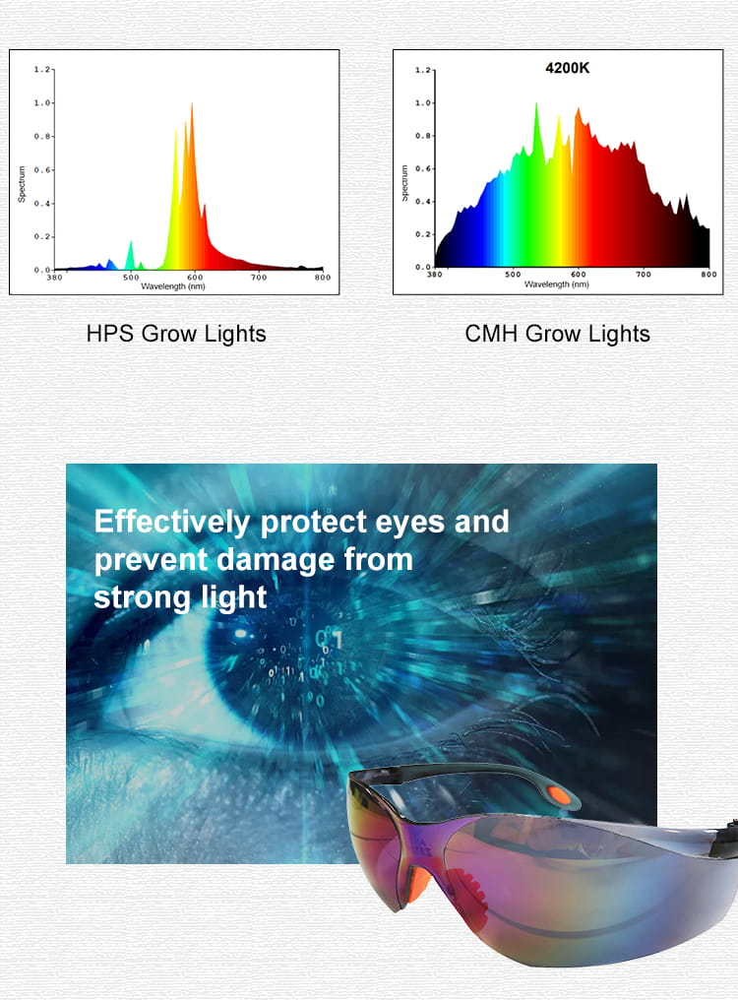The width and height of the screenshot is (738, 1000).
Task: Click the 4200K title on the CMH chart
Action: (567, 68)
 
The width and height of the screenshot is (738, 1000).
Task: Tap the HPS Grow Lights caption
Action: (176, 334)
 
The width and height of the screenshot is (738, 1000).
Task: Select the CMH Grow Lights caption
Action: (558, 334)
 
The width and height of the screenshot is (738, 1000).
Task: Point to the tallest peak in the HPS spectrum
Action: (191, 104)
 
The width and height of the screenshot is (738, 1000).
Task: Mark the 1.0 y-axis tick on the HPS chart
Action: (42, 102)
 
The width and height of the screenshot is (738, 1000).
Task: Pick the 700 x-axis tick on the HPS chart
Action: (259, 277)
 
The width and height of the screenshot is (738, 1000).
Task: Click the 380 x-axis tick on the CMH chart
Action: (434, 275)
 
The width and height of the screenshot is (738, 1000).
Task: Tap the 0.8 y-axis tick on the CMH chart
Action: (422, 136)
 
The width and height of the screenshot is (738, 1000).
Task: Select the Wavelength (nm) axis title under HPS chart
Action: (173, 286)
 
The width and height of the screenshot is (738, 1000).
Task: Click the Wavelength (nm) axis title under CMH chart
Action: (556, 283)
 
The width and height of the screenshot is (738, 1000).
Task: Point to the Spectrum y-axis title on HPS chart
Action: (22, 184)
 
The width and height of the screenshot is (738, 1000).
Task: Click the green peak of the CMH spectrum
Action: (536, 105)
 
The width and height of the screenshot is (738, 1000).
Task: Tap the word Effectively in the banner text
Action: (171, 523)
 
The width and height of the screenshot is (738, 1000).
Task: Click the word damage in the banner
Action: (276, 560)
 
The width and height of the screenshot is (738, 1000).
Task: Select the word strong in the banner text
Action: (142, 598)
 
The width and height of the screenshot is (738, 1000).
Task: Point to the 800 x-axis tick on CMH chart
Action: (708, 275)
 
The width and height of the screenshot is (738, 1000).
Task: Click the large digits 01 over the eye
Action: (329, 639)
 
